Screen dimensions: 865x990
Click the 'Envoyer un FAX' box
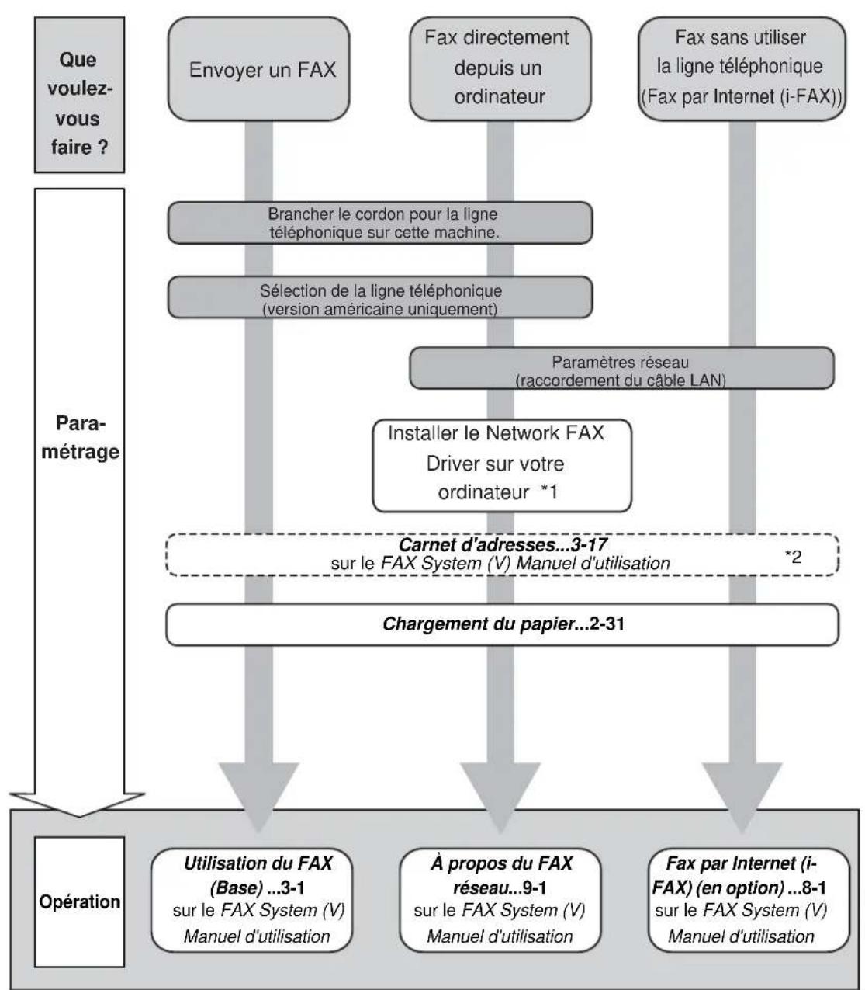pyautogui.click(x=258, y=68)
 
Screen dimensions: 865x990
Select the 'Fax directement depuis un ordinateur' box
pyautogui.click(x=500, y=68)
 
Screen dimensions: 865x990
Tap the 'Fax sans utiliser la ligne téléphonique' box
pyautogui.click(x=742, y=68)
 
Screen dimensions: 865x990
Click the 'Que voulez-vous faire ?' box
pyautogui.click(x=79, y=95)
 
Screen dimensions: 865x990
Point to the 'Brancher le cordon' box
pyautogui.click(x=380, y=223)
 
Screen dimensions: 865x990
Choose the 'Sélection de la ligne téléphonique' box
pyautogui.click(x=380, y=297)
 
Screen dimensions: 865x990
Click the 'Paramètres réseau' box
pyautogui.click(x=622, y=368)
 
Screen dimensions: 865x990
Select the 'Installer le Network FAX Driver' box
pyautogui.click(x=502, y=465)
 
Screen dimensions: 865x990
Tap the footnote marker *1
pyautogui.click(x=549, y=492)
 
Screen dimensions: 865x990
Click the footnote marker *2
pyautogui.click(x=793, y=557)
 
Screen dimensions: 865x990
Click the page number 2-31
pyautogui.click(x=607, y=624)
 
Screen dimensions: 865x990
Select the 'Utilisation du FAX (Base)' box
pyautogui.click(x=252, y=900)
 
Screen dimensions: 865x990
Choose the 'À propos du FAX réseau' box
pyautogui.click(x=500, y=900)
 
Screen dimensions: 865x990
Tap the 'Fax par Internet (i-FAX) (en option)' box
pyautogui.click(x=749, y=900)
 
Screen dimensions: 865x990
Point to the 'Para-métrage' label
pyautogui.click(x=80, y=437)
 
